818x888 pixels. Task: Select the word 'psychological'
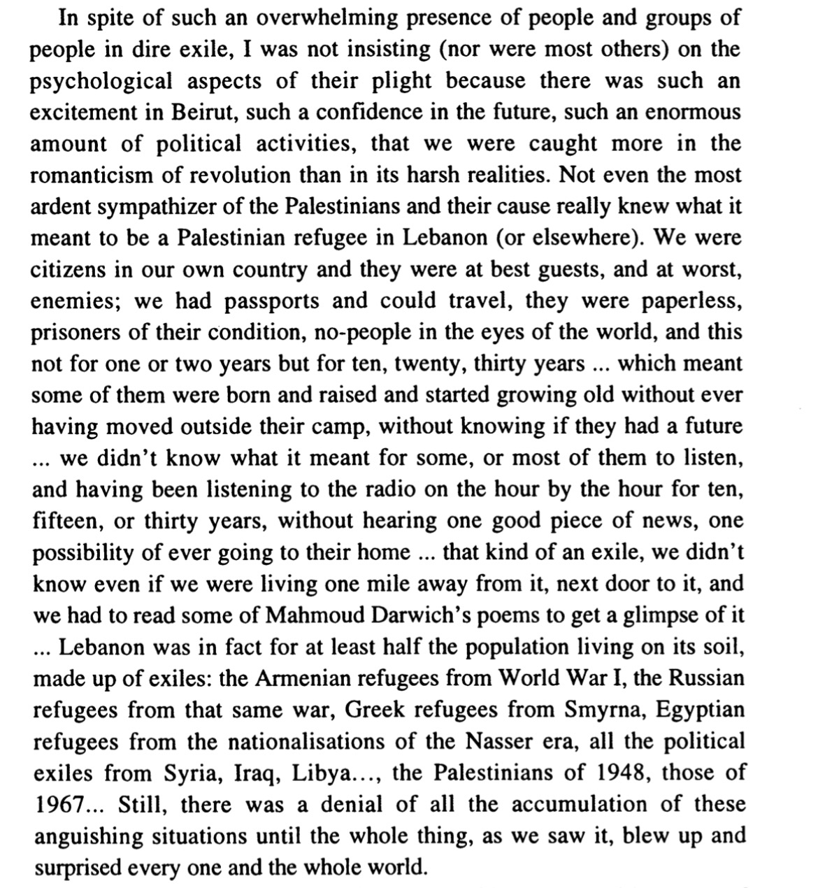[101, 81]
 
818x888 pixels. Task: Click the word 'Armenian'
[301, 678]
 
